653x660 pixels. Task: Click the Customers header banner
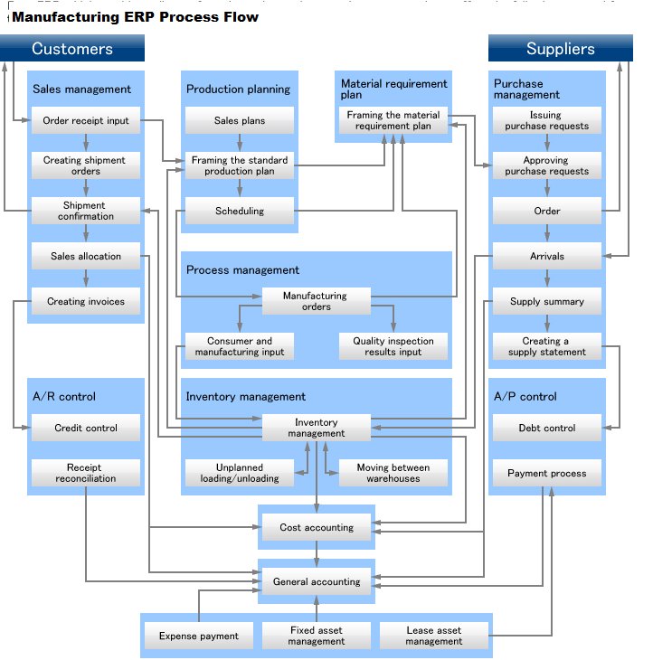(x=72, y=49)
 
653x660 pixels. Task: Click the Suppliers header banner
(x=561, y=49)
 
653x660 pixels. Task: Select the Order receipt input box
(x=86, y=120)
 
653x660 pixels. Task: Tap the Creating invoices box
(x=86, y=301)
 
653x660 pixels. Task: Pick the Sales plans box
(x=240, y=120)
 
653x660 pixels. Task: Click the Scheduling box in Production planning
(x=240, y=211)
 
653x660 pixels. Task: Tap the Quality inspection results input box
(x=393, y=346)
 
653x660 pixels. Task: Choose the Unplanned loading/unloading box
(x=240, y=473)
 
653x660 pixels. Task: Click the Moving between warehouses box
(x=393, y=473)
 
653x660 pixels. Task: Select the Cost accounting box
(x=316, y=527)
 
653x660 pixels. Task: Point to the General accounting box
(x=316, y=581)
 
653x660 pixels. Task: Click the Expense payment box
(x=199, y=636)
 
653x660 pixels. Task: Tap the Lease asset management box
(x=433, y=636)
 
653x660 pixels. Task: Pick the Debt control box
(x=547, y=428)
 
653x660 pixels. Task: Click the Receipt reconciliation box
(x=86, y=473)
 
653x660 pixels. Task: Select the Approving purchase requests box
(x=547, y=165)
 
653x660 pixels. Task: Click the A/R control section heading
(x=64, y=396)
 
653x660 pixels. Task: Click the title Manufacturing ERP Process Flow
(x=136, y=17)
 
